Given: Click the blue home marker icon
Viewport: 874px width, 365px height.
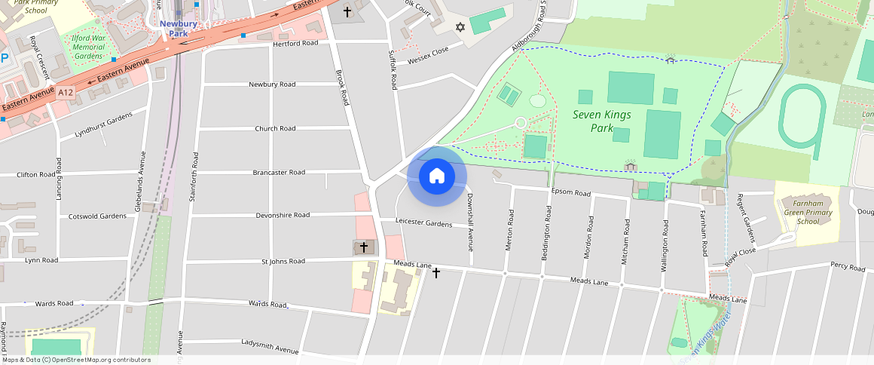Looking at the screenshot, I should click(x=436, y=176).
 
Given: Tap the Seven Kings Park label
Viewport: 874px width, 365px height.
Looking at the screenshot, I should click(x=602, y=121).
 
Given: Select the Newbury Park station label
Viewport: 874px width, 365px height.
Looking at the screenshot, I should click(x=179, y=28).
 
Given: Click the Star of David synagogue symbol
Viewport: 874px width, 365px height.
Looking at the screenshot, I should click(x=460, y=26).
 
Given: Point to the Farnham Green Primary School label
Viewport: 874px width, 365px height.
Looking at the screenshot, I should click(x=808, y=212).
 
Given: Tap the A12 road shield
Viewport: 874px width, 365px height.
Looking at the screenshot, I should click(x=66, y=92).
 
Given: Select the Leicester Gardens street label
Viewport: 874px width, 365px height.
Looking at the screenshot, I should click(x=423, y=223).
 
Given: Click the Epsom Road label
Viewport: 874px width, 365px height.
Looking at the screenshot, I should click(x=570, y=193).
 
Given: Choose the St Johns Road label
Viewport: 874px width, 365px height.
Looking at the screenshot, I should click(x=283, y=262).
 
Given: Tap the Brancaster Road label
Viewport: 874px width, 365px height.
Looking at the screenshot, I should click(x=279, y=173).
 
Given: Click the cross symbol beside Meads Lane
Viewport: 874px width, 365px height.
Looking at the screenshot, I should click(x=435, y=273).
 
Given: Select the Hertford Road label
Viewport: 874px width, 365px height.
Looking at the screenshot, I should click(x=295, y=44).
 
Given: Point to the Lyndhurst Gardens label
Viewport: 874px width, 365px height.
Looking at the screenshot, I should click(x=103, y=125).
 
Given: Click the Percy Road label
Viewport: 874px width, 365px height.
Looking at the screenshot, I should click(x=848, y=266).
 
